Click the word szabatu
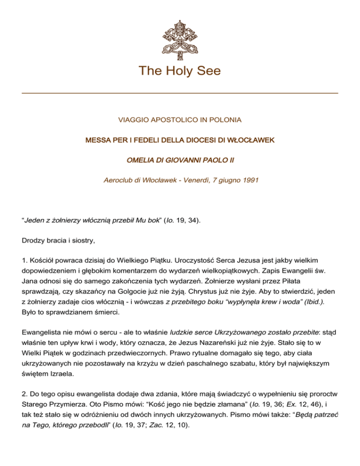[240, 368]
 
